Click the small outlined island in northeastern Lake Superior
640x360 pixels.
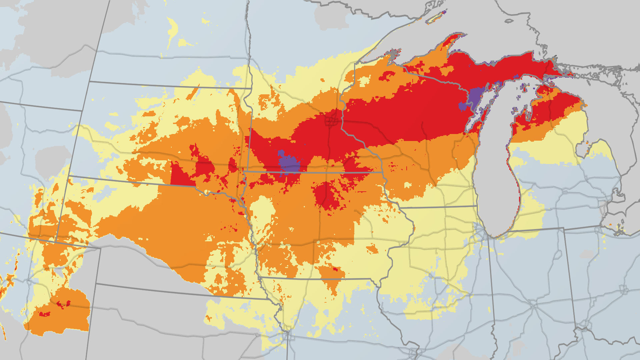point(509,21)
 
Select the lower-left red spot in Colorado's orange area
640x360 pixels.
point(44,314)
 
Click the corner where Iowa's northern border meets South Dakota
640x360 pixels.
point(245,172)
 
